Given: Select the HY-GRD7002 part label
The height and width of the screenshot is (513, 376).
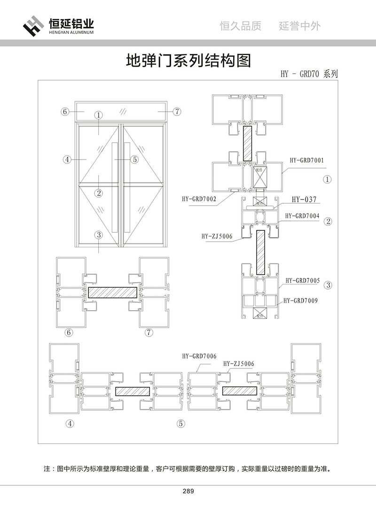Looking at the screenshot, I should point(199,199).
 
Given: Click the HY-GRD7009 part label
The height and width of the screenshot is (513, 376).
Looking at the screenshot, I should point(300,300).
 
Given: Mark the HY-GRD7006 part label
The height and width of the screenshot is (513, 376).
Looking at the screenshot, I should point(199,356).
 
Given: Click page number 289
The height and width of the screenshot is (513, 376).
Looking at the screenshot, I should point(188,491).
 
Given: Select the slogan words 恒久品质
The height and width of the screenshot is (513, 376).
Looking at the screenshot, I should point(241,26).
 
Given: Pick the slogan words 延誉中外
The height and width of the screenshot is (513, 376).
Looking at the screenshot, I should point(300,26).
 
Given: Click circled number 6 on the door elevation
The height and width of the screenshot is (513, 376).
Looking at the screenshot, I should point(65,111).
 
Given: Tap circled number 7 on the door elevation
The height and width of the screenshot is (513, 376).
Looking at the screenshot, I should point(177,111).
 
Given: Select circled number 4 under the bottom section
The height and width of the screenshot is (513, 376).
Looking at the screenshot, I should point(70,423).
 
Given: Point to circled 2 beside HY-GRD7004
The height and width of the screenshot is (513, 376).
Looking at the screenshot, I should point(329,221).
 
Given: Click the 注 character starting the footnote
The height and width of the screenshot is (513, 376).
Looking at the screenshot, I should point(46,468).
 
